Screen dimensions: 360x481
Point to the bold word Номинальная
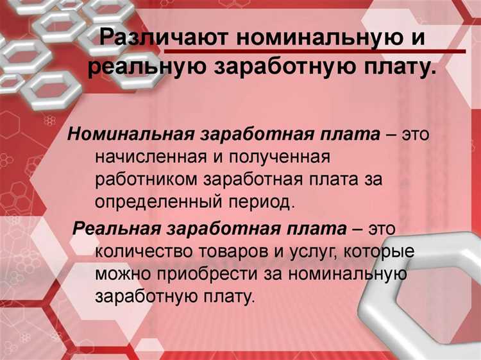pyautogui.click(x=131, y=135)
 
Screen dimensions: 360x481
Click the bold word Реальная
pyautogui.click(x=118, y=228)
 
